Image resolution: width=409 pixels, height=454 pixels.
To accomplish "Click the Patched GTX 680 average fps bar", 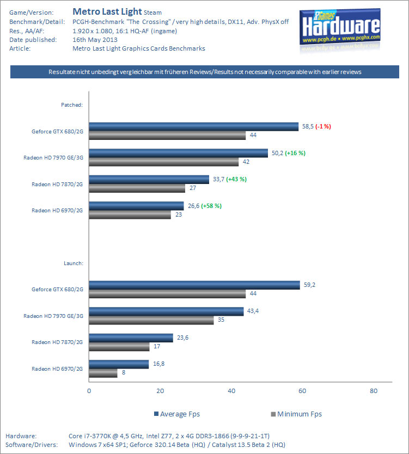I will pyautogui.click(x=193, y=127).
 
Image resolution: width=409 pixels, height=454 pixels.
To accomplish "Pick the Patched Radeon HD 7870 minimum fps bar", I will pyautogui.click(x=137, y=188).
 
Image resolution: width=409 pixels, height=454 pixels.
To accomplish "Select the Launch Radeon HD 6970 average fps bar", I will pyautogui.click(x=119, y=364).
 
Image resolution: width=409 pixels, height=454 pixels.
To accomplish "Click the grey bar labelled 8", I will pyautogui.click(x=103, y=373).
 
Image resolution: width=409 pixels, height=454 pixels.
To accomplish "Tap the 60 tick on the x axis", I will pyautogui.click(x=302, y=391).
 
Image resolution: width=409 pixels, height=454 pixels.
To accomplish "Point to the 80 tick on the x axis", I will pyautogui.click(x=374, y=391).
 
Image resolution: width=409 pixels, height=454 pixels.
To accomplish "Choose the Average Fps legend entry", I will pyautogui.click(x=177, y=414).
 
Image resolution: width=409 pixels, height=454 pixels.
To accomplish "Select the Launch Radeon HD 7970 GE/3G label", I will pyautogui.click(x=53, y=316).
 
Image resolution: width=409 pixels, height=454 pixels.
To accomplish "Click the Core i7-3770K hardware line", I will pyautogui.click(x=169, y=436).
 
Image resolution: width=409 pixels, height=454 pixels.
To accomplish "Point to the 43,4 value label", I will pyautogui.click(x=252, y=310).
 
